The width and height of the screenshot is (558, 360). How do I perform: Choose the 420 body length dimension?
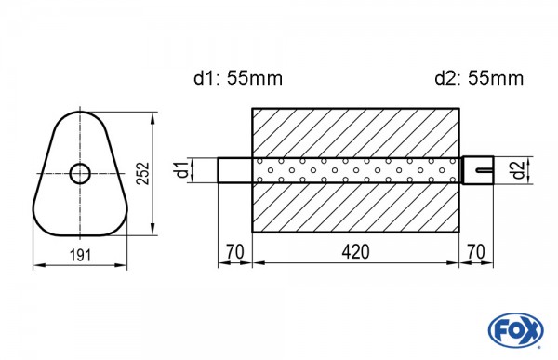click(x=354, y=252)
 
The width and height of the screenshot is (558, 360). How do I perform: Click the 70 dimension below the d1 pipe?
click(x=234, y=252)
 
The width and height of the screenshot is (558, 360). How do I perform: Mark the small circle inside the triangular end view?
click(x=80, y=172)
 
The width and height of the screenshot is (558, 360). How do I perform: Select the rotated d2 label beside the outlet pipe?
click(x=516, y=170)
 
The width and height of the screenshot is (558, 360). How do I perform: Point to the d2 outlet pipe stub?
click(x=476, y=170)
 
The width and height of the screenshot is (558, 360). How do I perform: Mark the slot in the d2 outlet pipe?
click(x=483, y=170)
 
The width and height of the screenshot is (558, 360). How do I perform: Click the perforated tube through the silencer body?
click(x=354, y=170)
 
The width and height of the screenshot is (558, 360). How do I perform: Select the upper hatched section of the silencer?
click(x=354, y=131)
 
